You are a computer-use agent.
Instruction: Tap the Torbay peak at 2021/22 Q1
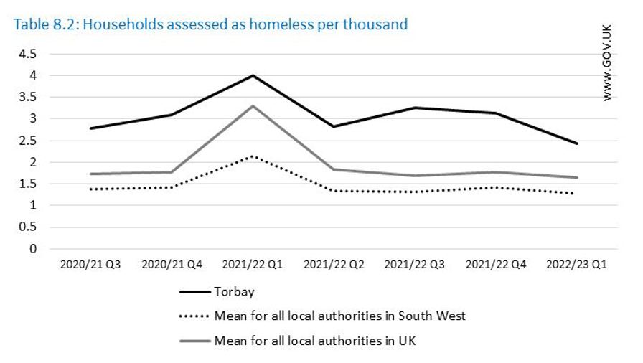(x=252, y=75)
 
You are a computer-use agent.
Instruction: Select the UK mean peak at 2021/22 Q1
(x=252, y=106)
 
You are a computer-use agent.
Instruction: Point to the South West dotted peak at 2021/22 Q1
(x=252, y=156)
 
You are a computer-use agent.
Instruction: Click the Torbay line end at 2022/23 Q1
(x=577, y=143)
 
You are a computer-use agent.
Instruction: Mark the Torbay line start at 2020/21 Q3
(x=90, y=128)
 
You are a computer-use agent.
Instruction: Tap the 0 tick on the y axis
(x=33, y=249)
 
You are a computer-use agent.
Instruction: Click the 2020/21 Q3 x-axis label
(x=90, y=265)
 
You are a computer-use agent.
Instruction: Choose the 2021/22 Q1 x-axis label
(x=252, y=265)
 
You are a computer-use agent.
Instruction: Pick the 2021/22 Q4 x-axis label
(x=496, y=265)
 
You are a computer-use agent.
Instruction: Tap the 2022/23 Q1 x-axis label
(x=577, y=265)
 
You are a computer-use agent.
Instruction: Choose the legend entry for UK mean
(x=314, y=340)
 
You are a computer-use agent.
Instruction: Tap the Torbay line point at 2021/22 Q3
(x=415, y=108)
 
